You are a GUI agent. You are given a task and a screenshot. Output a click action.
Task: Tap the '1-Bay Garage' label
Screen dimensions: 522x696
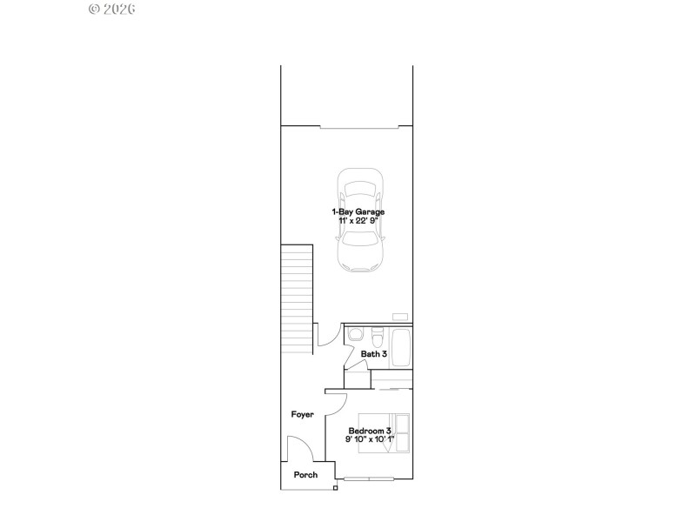358,211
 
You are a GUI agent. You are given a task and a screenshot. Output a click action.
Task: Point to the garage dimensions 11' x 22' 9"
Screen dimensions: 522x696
358,222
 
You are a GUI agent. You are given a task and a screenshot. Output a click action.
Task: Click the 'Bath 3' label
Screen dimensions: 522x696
374,354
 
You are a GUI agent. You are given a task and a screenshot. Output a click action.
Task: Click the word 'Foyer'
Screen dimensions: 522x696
302,414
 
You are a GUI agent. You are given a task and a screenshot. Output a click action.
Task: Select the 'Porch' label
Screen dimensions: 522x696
304,475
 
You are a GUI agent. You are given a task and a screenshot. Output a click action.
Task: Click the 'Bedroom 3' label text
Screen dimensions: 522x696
370,431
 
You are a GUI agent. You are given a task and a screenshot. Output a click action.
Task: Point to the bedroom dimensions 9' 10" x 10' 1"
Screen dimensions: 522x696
370,440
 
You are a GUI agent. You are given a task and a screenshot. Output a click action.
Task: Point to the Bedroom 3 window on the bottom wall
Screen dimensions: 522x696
368,479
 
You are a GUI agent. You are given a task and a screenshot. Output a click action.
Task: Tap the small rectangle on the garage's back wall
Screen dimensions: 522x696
399,316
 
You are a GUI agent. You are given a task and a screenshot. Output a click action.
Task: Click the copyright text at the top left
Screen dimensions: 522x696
112,10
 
